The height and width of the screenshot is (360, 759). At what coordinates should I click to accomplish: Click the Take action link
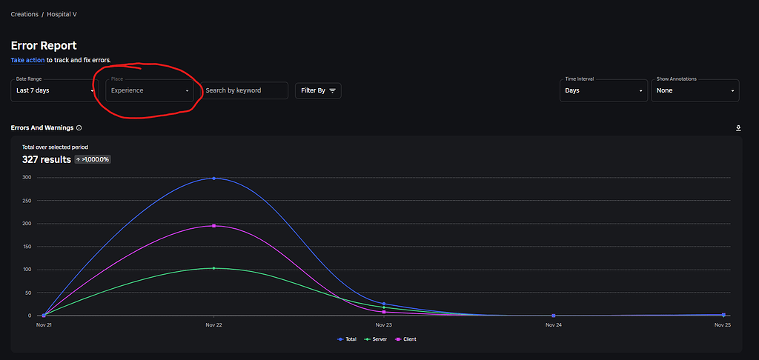pyautogui.click(x=27, y=60)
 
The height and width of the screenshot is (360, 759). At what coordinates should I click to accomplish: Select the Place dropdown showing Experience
pyautogui.click(x=150, y=90)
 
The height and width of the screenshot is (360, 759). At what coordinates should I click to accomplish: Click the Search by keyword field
pyautogui.click(x=245, y=90)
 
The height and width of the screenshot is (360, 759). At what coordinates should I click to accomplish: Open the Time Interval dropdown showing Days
pyautogui.click(x=603, y=90)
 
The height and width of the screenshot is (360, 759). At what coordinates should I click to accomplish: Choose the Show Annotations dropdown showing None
pyautogui.click(x=695, y=90)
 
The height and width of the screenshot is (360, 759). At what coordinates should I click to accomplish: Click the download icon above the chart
pyautogui.click(x=738, y=127)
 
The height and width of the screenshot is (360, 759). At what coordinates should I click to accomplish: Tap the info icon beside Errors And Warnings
pyautogui.click(x=79, y=127)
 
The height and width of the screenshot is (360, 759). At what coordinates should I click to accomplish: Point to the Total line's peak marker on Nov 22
pyautogui.click(x=213, y=178)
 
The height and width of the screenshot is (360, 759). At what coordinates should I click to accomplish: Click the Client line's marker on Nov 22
pyautogui.click(x=213, y=225)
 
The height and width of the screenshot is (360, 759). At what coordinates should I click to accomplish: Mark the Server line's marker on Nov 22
pyautogui.click(x=213, y=268)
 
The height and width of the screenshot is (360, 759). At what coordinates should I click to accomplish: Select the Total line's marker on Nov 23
pyautogui.click(x=384, y=304)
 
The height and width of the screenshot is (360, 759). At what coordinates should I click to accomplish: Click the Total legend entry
pyautogui.click(x=347, y=339)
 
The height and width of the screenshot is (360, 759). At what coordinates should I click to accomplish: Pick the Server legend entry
pyautogui.click(x=377, y=339)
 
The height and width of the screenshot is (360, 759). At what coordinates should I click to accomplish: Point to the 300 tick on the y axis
pyautogui.click(x=27, y=178)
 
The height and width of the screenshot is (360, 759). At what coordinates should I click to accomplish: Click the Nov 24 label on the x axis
pyautogui.click(x=553, y=324)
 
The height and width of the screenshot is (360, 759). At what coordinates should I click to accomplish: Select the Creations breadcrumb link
pyautogui.click(x=24, y=14)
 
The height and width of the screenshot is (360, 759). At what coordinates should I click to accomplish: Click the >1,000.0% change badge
pyautogui.click(x=93, y=159)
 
